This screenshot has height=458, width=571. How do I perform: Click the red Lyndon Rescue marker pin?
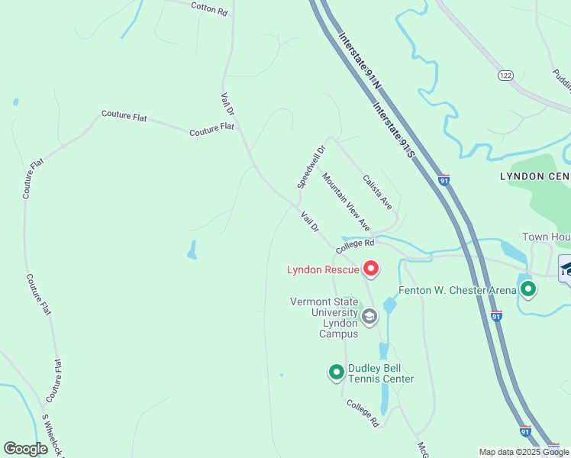[x=371, y=268]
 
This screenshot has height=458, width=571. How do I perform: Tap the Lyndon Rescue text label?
[x=324, y=269]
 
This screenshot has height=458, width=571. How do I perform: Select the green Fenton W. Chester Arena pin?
[x=528, y=289]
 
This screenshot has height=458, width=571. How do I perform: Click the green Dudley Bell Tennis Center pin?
[x=336, y=372]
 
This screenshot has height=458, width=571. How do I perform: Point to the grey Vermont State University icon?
[x=369, y=316]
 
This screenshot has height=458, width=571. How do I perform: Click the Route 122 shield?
[x=505, y=75]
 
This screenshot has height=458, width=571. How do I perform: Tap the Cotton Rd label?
[x=209, y=8]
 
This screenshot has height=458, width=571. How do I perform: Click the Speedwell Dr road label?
[x=311, y=167]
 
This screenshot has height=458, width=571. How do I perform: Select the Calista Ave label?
[x=377, y=192]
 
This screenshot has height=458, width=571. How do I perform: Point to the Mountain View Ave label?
[x=346, y=202]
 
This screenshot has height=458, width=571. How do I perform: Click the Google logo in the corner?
[x=26, y=448]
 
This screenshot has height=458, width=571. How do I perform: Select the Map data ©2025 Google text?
[x=524, y=452]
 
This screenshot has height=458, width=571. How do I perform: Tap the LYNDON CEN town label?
[x=534, y=176]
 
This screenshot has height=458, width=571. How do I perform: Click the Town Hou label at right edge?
[x=546, y=237]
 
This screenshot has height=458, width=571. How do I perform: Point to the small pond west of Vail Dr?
[x=192, y=250]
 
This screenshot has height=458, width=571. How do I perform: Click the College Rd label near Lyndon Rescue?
[x=355, y=244]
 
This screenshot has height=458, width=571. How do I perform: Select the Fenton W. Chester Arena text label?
[x=456, y=290]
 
